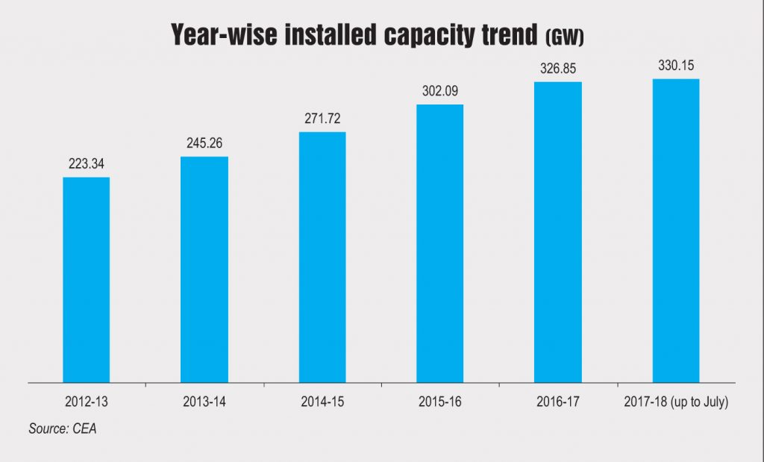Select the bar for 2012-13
(x=86, y=280)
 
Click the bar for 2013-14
(x=204, y=269)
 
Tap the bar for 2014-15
(x=322, y=257)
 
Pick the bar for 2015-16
(x=439, y=243)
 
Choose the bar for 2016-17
(x=557, y=232)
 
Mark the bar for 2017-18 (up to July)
(x=675, y=231)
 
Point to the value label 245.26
(x=204, y=144)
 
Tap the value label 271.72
(x=322, y=119)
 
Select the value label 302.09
(x=439, y=92)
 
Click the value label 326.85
(x=557, y=69)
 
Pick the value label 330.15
(x=675, y=66)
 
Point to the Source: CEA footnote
(x=63, y=430)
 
